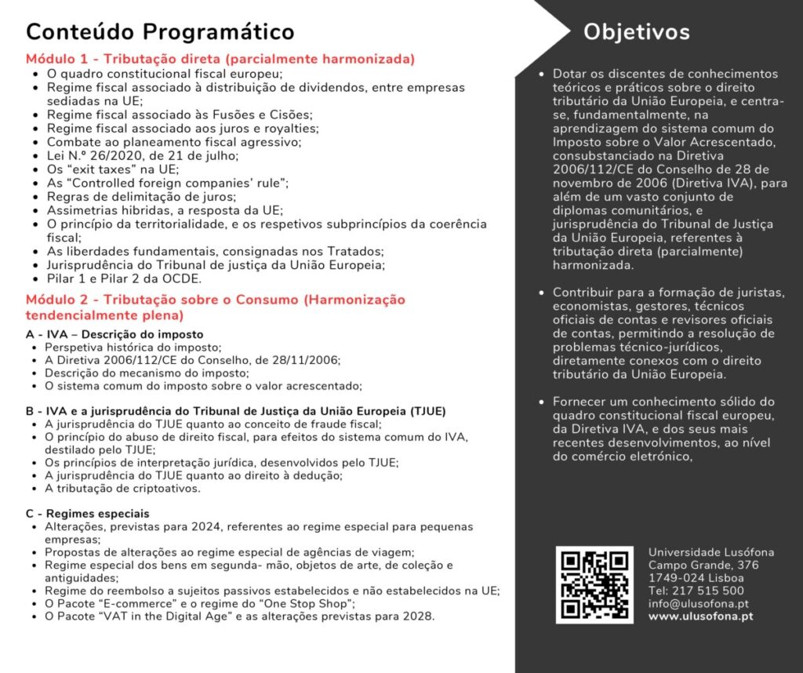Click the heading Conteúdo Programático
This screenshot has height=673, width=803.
tap(160, 32)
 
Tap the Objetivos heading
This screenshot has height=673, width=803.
tap(636, 32)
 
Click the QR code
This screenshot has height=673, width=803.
tap(594, 585)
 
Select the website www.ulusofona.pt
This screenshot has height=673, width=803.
tap(701, 617)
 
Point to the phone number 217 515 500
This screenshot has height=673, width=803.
tap(709, 591)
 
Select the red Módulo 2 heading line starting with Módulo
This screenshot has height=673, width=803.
tap(215, 300)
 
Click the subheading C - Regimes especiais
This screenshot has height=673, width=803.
tap(87, 514)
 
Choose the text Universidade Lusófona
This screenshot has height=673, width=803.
tap(710, 552)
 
